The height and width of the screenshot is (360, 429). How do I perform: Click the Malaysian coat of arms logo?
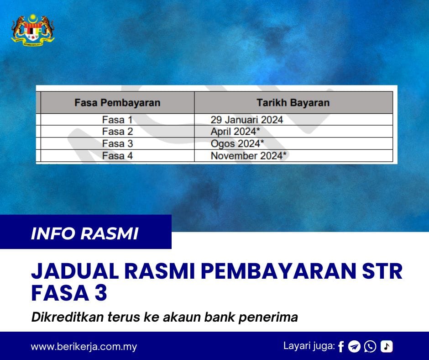[32, 30]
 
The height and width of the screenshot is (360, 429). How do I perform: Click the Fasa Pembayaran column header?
[117, 102]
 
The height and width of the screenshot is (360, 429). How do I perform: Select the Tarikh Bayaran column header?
[293, 102]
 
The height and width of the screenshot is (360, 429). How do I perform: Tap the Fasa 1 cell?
[117, 120]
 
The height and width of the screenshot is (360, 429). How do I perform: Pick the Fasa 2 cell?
[117, 132]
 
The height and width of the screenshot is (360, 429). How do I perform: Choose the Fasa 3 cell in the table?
[117, 143]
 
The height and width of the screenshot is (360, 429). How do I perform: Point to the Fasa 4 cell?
[117, 156]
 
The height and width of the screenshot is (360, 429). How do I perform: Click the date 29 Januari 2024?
[247, 120]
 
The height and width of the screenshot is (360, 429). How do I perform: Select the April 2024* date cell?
[237, 132]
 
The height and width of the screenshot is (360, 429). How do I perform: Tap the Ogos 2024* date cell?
[237, 143]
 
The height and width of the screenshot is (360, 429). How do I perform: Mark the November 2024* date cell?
[249, 156]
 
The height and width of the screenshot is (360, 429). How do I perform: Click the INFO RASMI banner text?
[84, 233]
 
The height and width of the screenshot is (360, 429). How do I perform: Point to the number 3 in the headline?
[101, 293]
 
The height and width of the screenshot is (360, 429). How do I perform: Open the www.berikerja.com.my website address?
[84, 346]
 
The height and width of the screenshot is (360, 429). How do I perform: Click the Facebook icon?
[341, 347]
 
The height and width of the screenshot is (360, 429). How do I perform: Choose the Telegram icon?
[354, 347]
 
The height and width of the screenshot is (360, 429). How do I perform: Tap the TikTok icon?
[387, 347]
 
